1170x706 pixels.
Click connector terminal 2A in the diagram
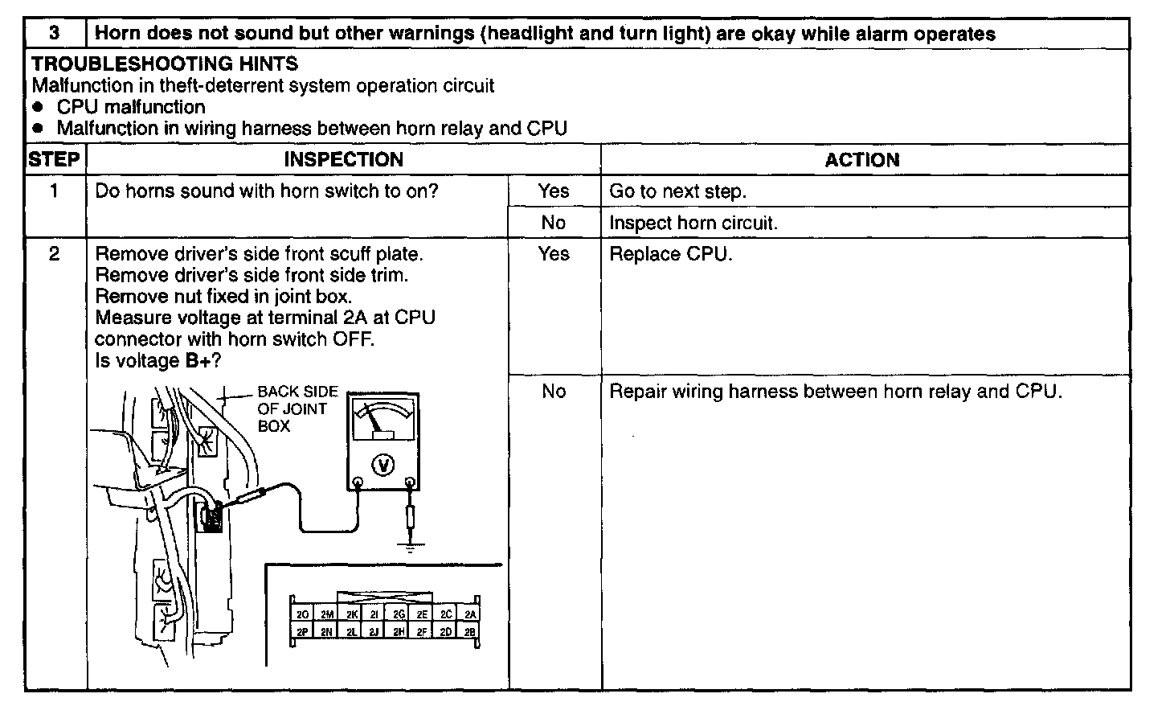click(x=470, y=614)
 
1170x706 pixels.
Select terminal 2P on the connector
click(x=302, y=631)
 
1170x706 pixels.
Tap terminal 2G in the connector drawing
click(x=399, y=614)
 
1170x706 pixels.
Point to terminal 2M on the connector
click(x=326, y=614)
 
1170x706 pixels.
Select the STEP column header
click(x=54, y=159)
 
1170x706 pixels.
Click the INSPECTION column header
click(x=343, y=159)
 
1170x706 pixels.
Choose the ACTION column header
click(x=862, y=159)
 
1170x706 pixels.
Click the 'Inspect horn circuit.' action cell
click(x=693, y=223)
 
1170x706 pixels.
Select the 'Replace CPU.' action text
click(x=671, y=254)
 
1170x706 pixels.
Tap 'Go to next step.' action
click(x=677, y=191)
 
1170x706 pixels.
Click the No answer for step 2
click(x=554, y=392)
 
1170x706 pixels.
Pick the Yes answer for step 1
click(x=554, y=191)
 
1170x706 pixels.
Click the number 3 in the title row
click(x=54, y=34)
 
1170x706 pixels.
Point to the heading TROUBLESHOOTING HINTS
click(x=165, y=64)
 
